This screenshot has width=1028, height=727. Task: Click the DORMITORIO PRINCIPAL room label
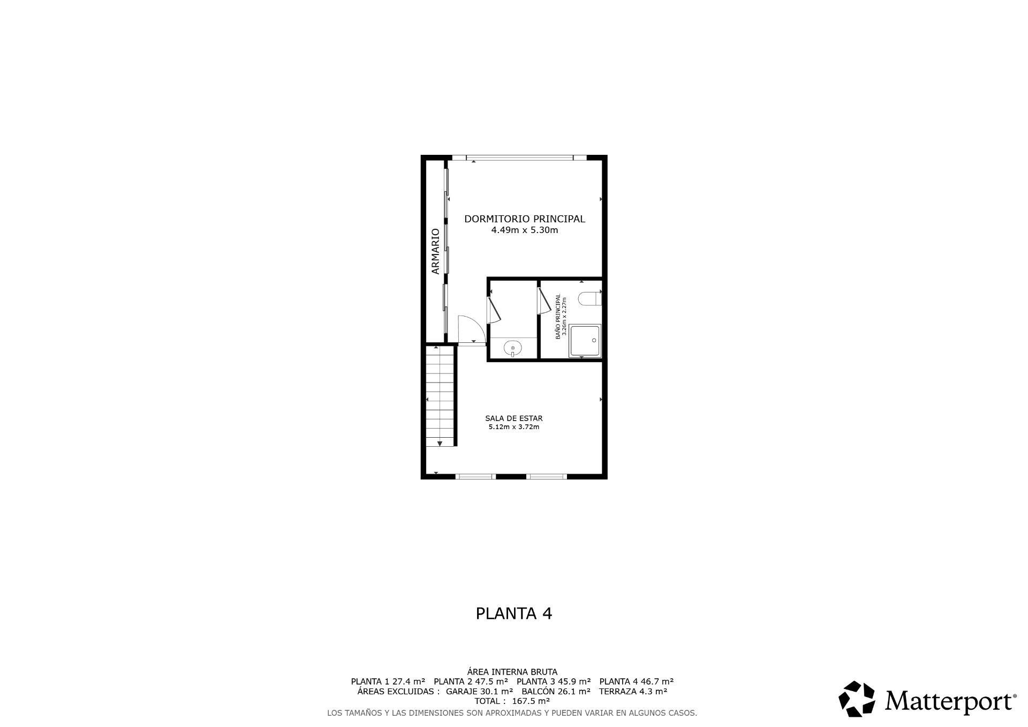[524, 219]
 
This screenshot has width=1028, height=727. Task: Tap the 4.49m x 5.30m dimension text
[524, 230]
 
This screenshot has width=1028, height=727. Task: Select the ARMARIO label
[435, 251]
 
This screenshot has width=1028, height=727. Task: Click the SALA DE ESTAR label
[513, 418]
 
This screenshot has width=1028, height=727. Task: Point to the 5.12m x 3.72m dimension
[513, 427]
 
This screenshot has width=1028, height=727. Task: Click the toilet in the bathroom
[591, 298]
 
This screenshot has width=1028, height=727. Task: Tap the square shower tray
[585, 340]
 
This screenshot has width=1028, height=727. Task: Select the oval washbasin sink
[513, 348]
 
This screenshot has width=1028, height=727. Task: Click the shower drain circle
[594, 341]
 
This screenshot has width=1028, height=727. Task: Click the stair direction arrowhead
[440, 443]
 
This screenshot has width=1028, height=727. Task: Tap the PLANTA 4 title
[513, 613]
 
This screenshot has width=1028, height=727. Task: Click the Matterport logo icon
[856, 699]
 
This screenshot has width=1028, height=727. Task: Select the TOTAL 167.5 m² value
[512, 701]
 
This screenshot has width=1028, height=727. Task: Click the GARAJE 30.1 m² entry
[479, 691]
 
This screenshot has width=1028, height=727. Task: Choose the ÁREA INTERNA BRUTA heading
[512, 672]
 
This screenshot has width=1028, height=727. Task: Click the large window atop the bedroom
[519, 158]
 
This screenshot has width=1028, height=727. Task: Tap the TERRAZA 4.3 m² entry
[633, 691]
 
